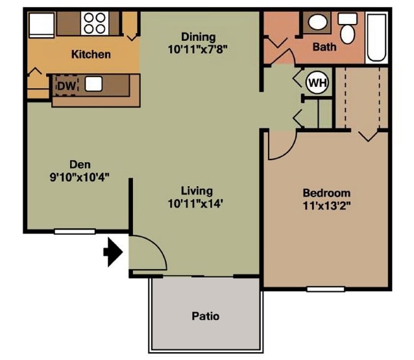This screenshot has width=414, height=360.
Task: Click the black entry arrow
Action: point(113,253)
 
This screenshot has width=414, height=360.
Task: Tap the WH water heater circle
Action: point(317,82)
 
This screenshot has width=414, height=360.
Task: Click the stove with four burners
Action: point(95,23)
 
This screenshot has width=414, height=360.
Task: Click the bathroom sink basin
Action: point(318,23)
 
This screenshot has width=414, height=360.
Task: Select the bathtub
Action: point(376,37)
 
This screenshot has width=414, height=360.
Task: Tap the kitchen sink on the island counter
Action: point(94,83)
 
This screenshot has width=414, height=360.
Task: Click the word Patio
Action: point(205,317)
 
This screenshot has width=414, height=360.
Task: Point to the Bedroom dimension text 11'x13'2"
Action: point(327,206)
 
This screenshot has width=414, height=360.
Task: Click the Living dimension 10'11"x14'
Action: point(197,204)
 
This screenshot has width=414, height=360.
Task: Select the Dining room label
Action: point(198,37)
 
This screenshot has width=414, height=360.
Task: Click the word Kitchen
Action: point(91,54)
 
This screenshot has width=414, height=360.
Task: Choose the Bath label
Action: point(324,47)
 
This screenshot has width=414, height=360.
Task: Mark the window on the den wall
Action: point(75,231)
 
